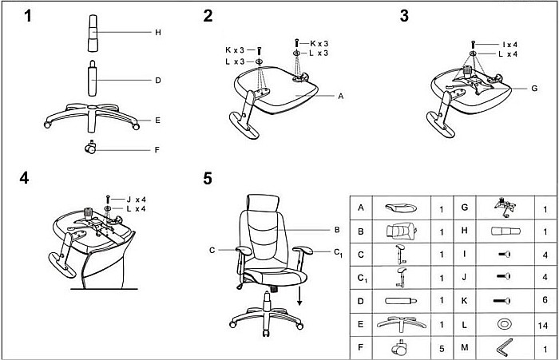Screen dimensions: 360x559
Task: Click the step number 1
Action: click(x=29, y=15)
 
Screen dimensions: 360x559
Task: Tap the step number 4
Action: click(x=25, y=177)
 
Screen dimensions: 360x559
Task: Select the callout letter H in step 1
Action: click(x=158, y=33)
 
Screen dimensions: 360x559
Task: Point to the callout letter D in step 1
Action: click(x=158, y=81)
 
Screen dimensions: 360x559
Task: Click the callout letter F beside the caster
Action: click(x=158, y=148)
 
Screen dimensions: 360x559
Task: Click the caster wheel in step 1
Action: click(x=90, y=147)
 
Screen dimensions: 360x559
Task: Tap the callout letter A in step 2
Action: click(x=340, y=96)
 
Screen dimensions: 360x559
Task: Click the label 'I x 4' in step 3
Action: click(x=510, y=44)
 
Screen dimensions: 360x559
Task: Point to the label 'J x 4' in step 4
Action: click(x=134, y=199)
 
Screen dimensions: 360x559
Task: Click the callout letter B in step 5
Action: click(x=337, y=230)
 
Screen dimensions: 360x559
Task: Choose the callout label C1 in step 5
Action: click(x=338, y=252)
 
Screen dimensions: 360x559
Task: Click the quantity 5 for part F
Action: click(x=442, y=348)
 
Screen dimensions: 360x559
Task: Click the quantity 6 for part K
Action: click(x=545, y=302)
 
